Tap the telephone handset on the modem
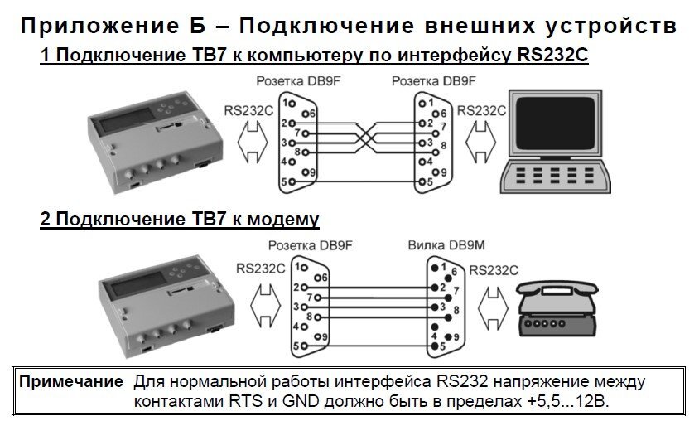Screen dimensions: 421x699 [x=557, y=288]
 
